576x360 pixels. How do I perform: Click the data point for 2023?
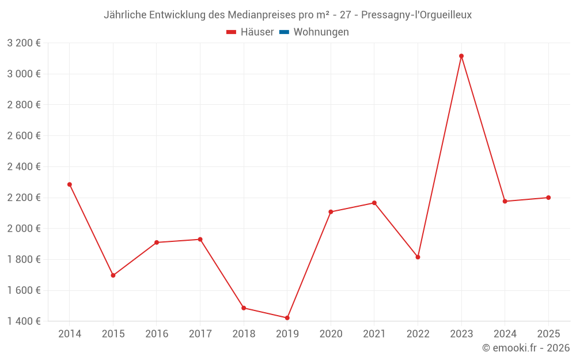point(461,56)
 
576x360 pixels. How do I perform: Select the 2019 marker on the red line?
point(287,318)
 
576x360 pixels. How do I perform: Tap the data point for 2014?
point(70,184)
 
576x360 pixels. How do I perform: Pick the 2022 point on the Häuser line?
point(418,257)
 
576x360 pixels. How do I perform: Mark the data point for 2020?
point(331,212)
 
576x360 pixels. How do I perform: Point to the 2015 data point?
point(113,275)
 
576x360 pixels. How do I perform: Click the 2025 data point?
point(548,198)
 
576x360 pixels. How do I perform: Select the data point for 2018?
point(244,308)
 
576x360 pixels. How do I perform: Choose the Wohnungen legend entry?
point(321,32)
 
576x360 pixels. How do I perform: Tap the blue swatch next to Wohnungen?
point(284,32)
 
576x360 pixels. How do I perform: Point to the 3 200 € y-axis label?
point(24,43)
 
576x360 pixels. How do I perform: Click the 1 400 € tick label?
point(24,321)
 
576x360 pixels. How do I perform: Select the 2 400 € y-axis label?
point(24,166)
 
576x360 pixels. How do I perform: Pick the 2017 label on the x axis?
point(200,334)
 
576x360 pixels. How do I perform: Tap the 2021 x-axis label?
point(374,334)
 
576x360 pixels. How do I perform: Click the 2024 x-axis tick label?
point(505,334)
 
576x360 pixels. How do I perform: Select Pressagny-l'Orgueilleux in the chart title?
point(416,15)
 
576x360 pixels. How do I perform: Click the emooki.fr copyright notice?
point(525,348)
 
